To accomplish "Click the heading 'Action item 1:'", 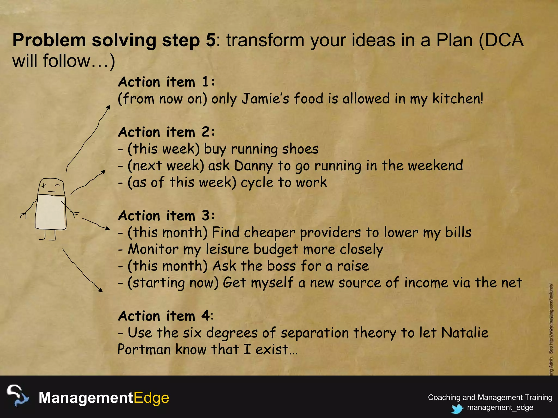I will [x=166, y=82].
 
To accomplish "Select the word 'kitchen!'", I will [x=458, y=99].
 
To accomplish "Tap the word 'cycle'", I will [x=257, y=183].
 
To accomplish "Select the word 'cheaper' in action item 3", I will [x=269, y=233].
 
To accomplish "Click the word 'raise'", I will [x=353, y=266].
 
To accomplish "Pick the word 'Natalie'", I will [x=465, y=333].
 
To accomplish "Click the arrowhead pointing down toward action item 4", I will [x=101, y=290].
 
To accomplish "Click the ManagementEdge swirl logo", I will [x=17, y=396].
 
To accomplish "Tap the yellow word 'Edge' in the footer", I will [x=151, y=398].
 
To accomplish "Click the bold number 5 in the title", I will [x=210, y=40].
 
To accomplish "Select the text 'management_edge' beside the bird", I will [x=500, y=407].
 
